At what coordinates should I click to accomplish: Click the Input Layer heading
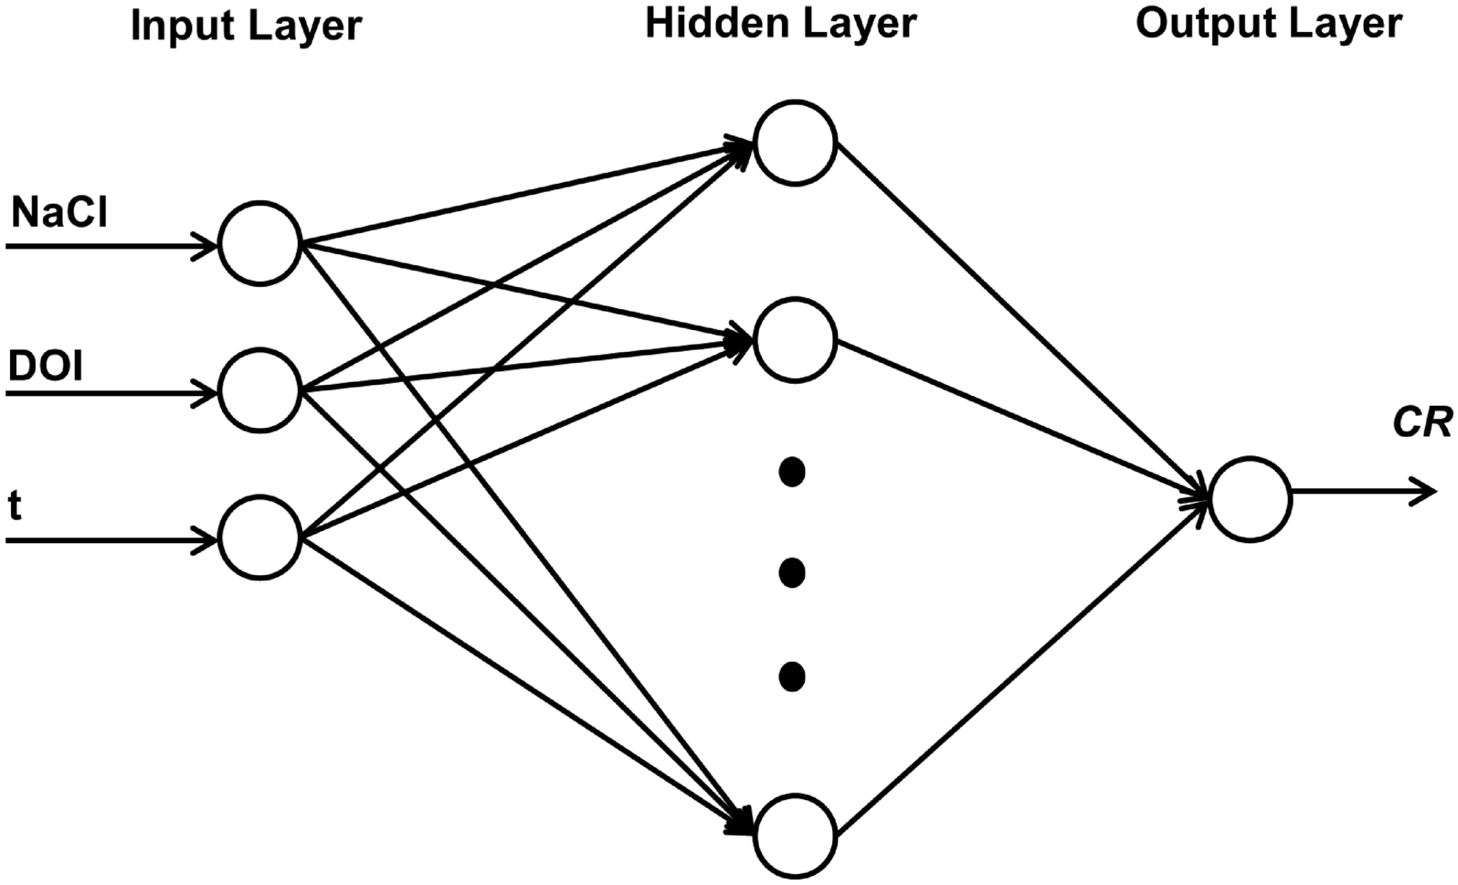246,26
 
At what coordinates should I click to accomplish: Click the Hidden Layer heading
780,23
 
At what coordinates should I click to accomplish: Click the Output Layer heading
1268,23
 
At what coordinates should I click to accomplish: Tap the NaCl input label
59,214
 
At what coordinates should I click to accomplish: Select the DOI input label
46,368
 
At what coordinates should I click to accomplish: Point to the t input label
15,506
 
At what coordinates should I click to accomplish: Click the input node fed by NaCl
260,244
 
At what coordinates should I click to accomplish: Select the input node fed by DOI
260,391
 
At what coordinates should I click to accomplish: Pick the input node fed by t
260,538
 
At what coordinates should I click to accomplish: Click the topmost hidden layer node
795,142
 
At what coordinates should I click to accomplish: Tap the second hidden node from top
795,339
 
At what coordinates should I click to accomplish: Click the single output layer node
1250,499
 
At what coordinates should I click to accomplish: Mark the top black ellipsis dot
791,473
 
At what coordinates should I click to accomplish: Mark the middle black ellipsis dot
791,573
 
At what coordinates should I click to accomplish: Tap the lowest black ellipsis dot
791,677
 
